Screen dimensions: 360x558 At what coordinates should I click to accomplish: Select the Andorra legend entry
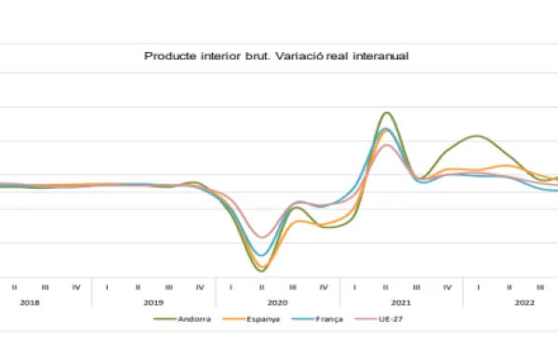pyautogui.click(x=193, y=319)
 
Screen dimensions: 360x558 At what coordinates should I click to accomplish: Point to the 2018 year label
pyautogui.click(x=30, y=302)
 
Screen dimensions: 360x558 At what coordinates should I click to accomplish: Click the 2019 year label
pyautogui.click(x=153, y=302)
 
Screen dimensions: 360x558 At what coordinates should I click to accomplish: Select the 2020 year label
pyautogui.click(x=277, y=302)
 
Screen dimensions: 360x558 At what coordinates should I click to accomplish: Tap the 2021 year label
pyautogui.click(x=401, y=302)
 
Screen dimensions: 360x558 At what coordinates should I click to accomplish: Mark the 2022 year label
pyautogui.click(x=524, y=302)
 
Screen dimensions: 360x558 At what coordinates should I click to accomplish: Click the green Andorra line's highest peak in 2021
pyautogui.click(x=386, y=113)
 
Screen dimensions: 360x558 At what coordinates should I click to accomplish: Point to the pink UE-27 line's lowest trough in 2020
pyautogui.click(x=262, y=237)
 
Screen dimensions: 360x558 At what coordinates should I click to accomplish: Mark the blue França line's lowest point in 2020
pyautogui.click(x=262, y=256)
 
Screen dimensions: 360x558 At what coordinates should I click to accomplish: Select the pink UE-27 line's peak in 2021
pyautogui.click(x=386, y=145)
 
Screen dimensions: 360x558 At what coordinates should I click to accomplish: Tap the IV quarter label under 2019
pyautogui.click(x=200, y=287)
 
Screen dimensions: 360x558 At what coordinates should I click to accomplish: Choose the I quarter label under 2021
pyautogui.click(x=354, y=287)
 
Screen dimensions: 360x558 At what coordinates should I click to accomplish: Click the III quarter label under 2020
pyautogui.click(x=293, y=287)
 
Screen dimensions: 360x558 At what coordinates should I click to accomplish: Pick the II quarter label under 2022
pyautogui.click(x=509, y=287)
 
